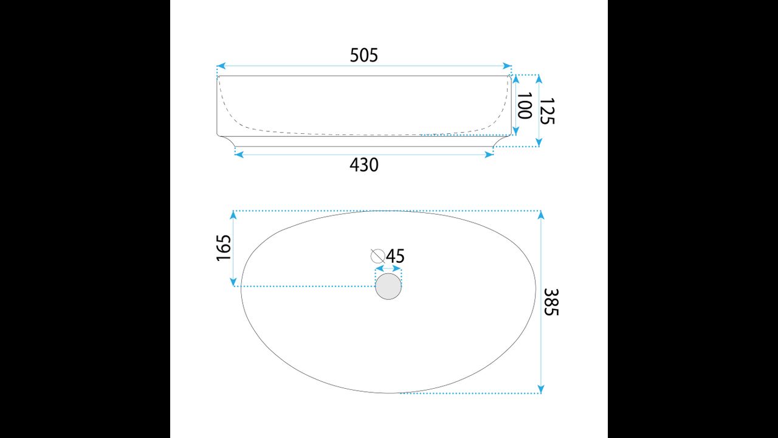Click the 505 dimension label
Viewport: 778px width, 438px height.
click(363, 55)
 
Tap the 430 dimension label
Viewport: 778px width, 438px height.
click(363, 165)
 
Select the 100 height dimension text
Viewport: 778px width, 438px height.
click(525, 106)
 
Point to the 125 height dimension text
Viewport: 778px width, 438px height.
click(547, 111)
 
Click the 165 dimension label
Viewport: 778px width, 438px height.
click(224, 248)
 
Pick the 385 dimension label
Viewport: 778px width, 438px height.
click(551, 302)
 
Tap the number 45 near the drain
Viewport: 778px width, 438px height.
click(395, 256)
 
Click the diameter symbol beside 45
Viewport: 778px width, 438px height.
click(377, 256)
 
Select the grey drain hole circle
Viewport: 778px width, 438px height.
click(388, 286)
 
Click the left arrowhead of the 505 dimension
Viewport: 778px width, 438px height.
click(221, 66)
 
